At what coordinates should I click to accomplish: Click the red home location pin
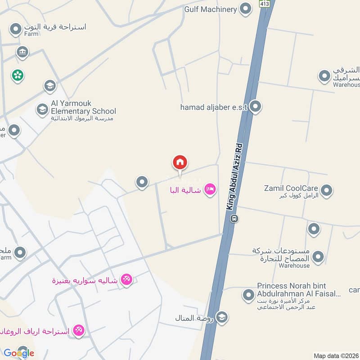[x=180, y=163]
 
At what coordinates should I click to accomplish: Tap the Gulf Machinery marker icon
[x=245, y=9]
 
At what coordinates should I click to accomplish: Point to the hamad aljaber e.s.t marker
[x=255, y=107]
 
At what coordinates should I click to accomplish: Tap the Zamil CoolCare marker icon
[x=327, y=190]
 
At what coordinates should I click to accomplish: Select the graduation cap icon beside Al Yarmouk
[x=42, y=109]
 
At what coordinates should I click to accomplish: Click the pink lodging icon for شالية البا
[x=210, y=190]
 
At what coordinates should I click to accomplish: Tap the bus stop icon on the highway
[x=234, y=219]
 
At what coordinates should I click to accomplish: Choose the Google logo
[x=19, y=352]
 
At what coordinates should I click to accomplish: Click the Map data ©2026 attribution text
[x=336, y=355]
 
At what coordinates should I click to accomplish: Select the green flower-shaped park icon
[x=18, y=75]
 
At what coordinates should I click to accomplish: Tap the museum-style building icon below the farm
[x=22, y=52]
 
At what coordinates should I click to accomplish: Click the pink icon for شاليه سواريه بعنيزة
[x=127, y=280]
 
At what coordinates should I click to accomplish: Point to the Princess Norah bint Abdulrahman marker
[x=248, y=295]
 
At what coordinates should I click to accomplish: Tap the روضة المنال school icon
[x=221, y=318]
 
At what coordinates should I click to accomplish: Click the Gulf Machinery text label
[x=210, y=9]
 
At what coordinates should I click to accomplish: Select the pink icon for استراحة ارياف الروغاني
[x=79, y=331]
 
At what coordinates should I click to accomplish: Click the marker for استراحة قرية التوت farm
[x=16, y=30]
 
